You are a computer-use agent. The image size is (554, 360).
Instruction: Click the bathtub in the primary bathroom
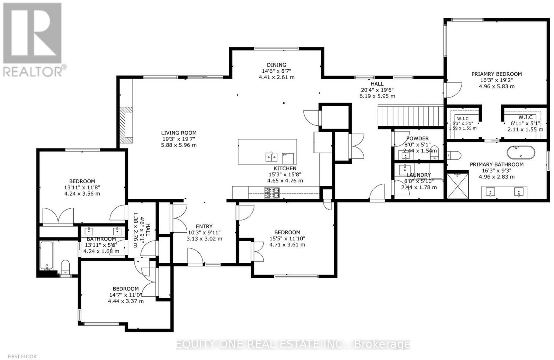point(521,152)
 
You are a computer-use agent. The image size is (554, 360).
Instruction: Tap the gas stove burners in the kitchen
point(272,193)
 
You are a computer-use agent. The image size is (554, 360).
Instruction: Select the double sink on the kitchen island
point(271,157)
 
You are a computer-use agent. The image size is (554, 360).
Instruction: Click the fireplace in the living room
point(126,125)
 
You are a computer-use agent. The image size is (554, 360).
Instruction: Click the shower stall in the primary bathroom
point(457,186)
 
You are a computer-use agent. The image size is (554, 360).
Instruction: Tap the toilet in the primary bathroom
point(454,155)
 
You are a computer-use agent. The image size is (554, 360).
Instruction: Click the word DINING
point(277,65)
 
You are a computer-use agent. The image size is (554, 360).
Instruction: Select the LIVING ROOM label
point(179,133)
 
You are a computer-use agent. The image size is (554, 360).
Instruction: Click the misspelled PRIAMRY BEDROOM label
point(497,74)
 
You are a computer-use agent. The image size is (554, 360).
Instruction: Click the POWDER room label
point(418,138)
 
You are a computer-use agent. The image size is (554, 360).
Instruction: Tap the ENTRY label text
point(204,226)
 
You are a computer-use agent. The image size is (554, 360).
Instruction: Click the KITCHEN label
point(285,168)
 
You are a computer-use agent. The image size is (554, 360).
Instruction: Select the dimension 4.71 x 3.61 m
point(287,245)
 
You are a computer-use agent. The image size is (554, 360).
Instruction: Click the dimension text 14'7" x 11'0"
point(126,295)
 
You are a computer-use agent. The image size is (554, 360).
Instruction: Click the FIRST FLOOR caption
point(22,356)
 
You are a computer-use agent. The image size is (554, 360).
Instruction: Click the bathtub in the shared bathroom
point(47,256)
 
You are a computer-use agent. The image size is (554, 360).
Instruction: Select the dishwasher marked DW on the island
point(288,159)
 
